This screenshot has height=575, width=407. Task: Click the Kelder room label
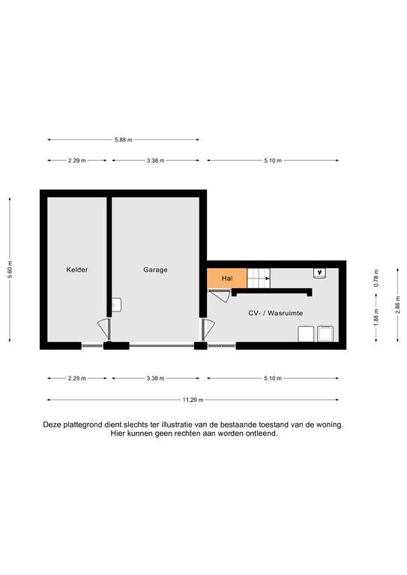[x=77, y=270]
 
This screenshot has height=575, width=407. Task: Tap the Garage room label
[x=155, y=270]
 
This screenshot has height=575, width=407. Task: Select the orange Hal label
[x=227, y=279]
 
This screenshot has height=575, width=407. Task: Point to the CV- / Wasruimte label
[x=276, y=313]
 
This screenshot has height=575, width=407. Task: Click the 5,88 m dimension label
[x=124, y=140]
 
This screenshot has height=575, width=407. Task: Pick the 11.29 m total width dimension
[x=193, y=400]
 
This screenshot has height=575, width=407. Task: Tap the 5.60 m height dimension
[x=10, y=270]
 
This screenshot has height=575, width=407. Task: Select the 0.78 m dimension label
[x=376, y=278]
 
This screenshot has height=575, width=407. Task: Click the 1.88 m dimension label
[x=376, y=317]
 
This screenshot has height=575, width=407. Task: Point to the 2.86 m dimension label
[x=397, y=305]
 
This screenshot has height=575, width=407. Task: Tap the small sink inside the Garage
[x=116, y=305]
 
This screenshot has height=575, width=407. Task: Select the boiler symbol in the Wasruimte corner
[x=320, y=273]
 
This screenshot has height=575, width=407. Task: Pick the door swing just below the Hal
[x=220, y=296]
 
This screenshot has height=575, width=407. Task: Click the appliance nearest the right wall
[x=325, y=334]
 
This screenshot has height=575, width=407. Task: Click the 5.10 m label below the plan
[x=273, y=378]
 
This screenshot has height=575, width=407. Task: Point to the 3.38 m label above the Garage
[x=156, y=161]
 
